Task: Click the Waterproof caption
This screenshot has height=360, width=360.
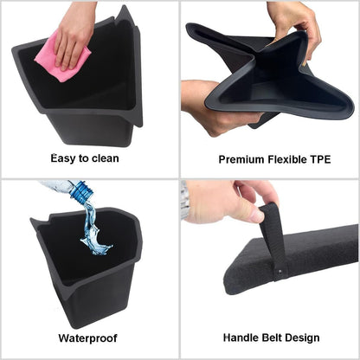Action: (89, 337)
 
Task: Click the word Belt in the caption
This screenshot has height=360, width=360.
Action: (274, 337)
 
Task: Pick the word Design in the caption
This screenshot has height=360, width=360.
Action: (305, 337)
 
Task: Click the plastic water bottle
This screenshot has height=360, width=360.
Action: (71, 193)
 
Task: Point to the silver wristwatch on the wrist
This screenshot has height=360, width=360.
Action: (185, 201)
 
